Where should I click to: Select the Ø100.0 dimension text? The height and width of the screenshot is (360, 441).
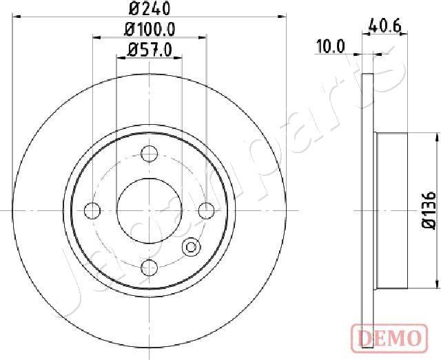150,29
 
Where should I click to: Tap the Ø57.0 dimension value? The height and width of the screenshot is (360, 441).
149,49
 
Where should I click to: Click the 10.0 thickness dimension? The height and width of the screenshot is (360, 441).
330,46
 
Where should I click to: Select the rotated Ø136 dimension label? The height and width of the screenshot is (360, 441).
427,210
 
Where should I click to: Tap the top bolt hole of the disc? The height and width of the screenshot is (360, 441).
150,153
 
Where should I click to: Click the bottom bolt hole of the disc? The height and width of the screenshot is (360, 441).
150,266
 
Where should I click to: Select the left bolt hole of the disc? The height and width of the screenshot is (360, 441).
93,210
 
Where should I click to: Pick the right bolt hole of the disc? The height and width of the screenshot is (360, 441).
206,210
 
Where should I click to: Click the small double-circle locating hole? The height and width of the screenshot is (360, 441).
191,247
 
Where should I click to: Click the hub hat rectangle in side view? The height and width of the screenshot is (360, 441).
393,210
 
